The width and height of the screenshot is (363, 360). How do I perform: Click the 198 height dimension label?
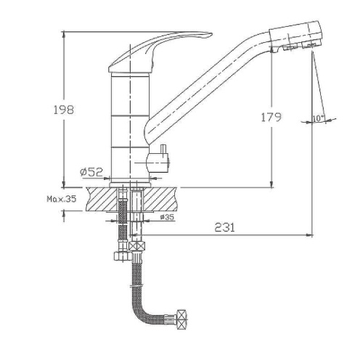(x=63, y=110)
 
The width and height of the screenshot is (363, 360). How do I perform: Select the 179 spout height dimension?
(x=271, y=117)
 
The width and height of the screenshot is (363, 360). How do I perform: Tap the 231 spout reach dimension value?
(x=224, y=227)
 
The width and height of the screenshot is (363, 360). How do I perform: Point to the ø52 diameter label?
(x=91, y=172)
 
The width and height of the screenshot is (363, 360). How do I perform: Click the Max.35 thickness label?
(x=62, y=199)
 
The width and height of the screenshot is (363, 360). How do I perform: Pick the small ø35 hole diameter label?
(x=167, y=217)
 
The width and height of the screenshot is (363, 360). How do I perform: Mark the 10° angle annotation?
(x=319, y=118)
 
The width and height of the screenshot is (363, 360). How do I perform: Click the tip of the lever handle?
(x=211, y=35)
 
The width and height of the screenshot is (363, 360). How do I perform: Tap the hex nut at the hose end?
(x=181, y=319)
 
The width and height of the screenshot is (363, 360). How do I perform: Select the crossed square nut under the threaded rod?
(x=137, y=246)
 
